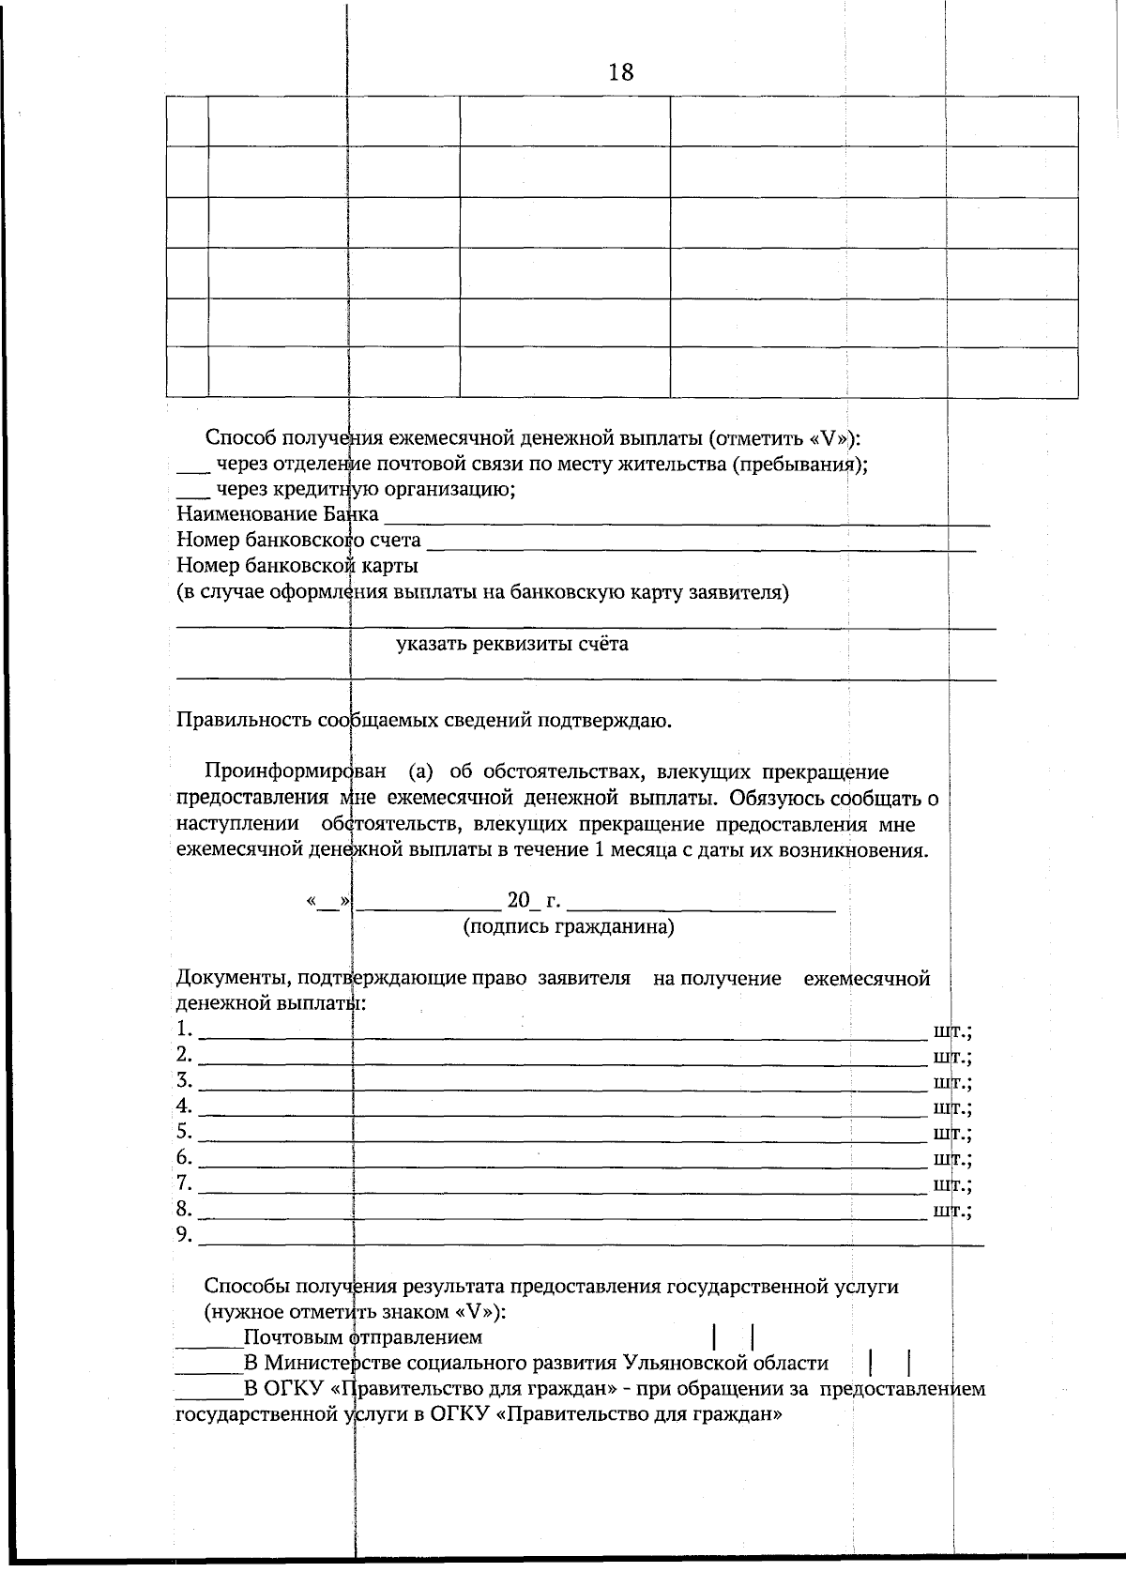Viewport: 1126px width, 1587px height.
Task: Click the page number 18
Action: coord(620,72)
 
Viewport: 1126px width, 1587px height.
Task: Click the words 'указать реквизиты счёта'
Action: coord(512,644)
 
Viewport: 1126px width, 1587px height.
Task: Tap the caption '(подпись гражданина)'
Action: coord(569,927)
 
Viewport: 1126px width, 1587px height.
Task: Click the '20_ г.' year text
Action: coord(534,902)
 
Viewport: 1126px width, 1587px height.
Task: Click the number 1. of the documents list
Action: coord(184,1029)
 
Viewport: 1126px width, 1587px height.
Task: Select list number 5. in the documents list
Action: coord(184,1131)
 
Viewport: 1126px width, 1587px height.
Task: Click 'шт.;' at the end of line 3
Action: coord(952,1082)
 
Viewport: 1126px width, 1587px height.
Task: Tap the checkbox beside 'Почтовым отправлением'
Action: coord(734,1336)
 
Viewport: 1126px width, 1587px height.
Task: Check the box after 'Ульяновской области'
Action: coord(890,1363)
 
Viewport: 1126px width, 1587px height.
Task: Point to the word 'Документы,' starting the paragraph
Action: coord(233,979)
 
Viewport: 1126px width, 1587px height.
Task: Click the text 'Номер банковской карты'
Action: coord(297,566)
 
